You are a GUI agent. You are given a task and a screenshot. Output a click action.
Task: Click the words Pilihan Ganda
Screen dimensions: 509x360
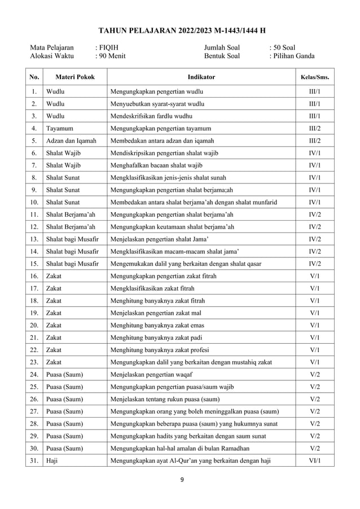tap(294, 56)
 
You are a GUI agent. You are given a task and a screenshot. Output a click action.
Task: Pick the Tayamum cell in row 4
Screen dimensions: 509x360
tap(59, 128)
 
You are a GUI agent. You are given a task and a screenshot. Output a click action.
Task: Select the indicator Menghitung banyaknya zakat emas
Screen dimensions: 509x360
tap(157, 326)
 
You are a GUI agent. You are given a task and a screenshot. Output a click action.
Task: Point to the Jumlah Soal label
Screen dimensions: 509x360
tap(221, 47)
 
